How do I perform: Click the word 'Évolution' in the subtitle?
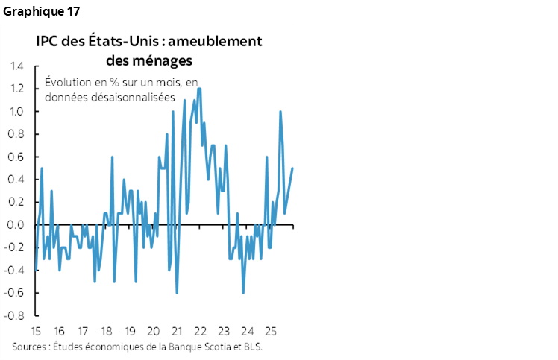pyautogui.click(x=69, y=82)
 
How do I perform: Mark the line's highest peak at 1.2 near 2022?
pyautogui.click(x=200, y=89)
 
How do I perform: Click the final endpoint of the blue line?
pyautogui.click(x=292, y=168)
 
